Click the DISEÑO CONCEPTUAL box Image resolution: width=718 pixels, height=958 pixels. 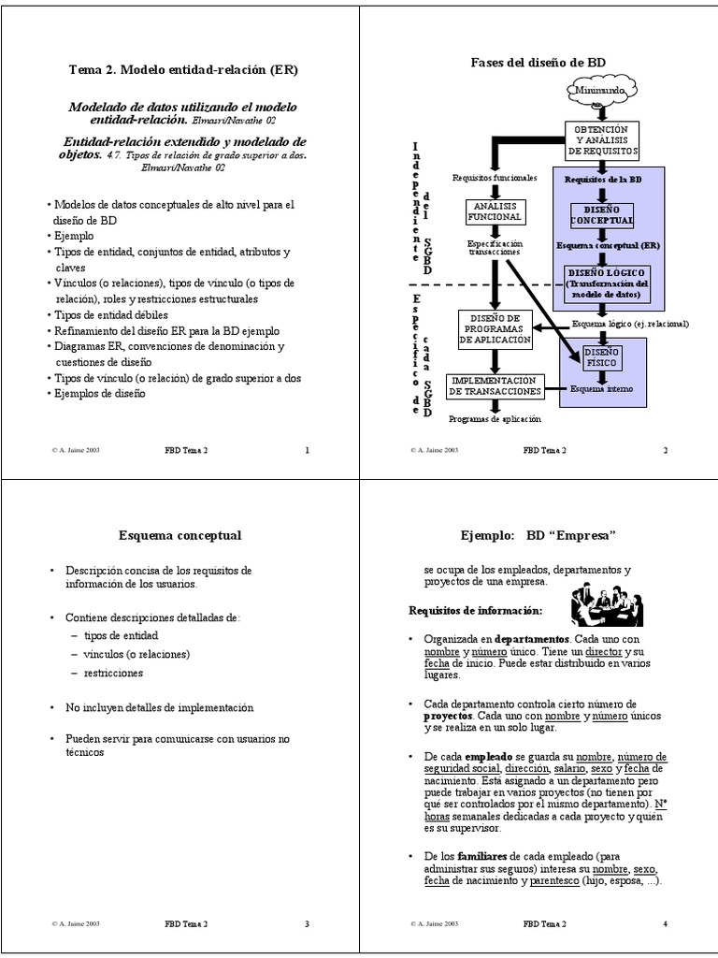coord(603,214)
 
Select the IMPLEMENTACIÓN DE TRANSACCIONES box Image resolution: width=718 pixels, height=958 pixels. coord(495,386)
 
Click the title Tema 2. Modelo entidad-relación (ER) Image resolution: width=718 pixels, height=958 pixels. coord(183,69)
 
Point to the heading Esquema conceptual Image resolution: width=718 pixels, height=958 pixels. coord(180,535)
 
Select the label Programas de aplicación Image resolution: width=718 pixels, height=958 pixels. coord(495,420)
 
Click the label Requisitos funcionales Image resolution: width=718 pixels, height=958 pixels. coord(495,176)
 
